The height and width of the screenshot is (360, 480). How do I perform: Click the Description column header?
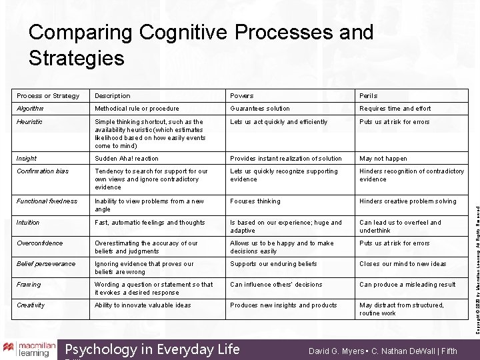112,96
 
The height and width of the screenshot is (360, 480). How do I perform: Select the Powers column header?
241,96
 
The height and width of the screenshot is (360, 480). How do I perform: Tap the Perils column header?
369,96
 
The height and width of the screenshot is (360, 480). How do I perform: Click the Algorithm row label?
30,109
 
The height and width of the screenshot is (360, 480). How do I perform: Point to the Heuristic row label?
29,122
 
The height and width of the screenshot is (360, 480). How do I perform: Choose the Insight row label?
27,159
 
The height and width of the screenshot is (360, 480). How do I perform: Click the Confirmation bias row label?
43,171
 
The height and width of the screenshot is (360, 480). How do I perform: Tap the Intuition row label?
28,223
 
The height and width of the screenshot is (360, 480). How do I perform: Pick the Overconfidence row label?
39,243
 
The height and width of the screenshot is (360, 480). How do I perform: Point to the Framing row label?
29,285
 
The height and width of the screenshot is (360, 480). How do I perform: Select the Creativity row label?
31,305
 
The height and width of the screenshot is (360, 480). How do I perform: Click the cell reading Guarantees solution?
260,109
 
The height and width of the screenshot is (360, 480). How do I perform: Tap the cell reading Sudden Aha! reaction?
127,159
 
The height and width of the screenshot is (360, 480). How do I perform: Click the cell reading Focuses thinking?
255,201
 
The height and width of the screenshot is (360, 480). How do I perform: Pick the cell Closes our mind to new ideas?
403,264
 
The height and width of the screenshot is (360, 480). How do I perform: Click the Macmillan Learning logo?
27,349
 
